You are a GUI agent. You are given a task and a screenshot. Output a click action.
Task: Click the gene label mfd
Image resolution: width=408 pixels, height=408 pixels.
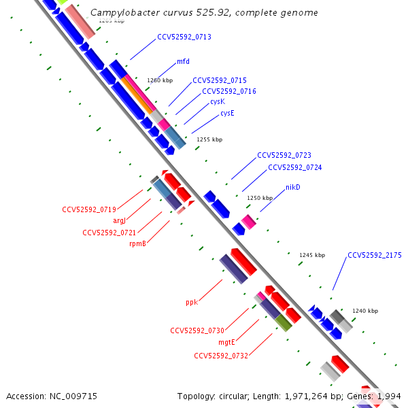[183, 61]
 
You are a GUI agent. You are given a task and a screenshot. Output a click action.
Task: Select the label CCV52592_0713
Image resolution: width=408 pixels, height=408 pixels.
[184, 37]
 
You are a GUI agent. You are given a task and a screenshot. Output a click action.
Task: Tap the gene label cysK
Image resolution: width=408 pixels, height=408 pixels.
[217, 101]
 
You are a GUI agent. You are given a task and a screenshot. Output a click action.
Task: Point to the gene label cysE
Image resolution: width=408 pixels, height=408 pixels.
[227, 114]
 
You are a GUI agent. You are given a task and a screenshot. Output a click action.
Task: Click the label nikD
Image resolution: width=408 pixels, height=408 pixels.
[292, 187]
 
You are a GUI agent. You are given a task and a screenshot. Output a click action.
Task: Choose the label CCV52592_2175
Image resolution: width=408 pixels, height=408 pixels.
[374, 256]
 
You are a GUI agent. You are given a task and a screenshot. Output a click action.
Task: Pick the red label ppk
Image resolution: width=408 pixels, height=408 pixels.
[191, 302]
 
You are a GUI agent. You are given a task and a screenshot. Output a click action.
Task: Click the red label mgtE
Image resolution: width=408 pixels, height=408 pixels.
[226, 343]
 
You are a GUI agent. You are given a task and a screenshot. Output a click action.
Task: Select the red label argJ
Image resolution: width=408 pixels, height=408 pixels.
[120, 220]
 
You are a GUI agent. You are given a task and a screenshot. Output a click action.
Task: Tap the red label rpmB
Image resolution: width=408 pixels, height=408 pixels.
[138, 243]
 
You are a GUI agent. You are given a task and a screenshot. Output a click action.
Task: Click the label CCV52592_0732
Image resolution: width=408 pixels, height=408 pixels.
[220, 356]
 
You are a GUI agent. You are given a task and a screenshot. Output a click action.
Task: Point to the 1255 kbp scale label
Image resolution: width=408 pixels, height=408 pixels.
[209, 139]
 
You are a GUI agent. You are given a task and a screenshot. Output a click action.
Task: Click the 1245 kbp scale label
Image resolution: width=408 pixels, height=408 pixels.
[312, 255]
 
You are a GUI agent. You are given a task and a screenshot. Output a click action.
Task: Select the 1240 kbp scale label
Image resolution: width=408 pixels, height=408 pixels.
[364, 311]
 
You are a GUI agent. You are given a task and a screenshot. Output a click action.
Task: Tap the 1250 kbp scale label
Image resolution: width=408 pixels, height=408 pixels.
[259, 198]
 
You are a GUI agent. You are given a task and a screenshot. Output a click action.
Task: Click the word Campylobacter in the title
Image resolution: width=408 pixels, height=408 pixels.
[122, 13]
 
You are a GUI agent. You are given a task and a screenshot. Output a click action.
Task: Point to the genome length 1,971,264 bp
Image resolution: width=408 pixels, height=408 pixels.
[300, 396]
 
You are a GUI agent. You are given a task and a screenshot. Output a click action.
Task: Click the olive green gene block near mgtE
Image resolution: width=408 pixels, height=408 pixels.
[284, 322]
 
